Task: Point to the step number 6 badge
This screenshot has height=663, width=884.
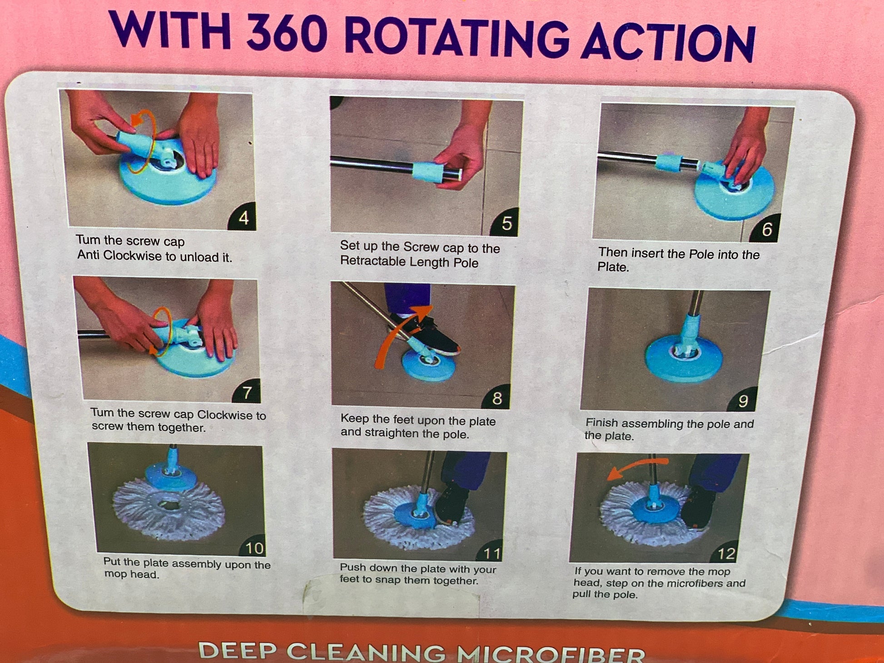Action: [766, 228]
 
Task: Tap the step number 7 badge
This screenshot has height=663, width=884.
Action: [246, 391]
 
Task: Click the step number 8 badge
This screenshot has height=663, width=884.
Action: [497, 397]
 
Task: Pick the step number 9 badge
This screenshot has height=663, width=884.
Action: [743, 400]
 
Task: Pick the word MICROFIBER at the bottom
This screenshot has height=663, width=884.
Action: [551, 654]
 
